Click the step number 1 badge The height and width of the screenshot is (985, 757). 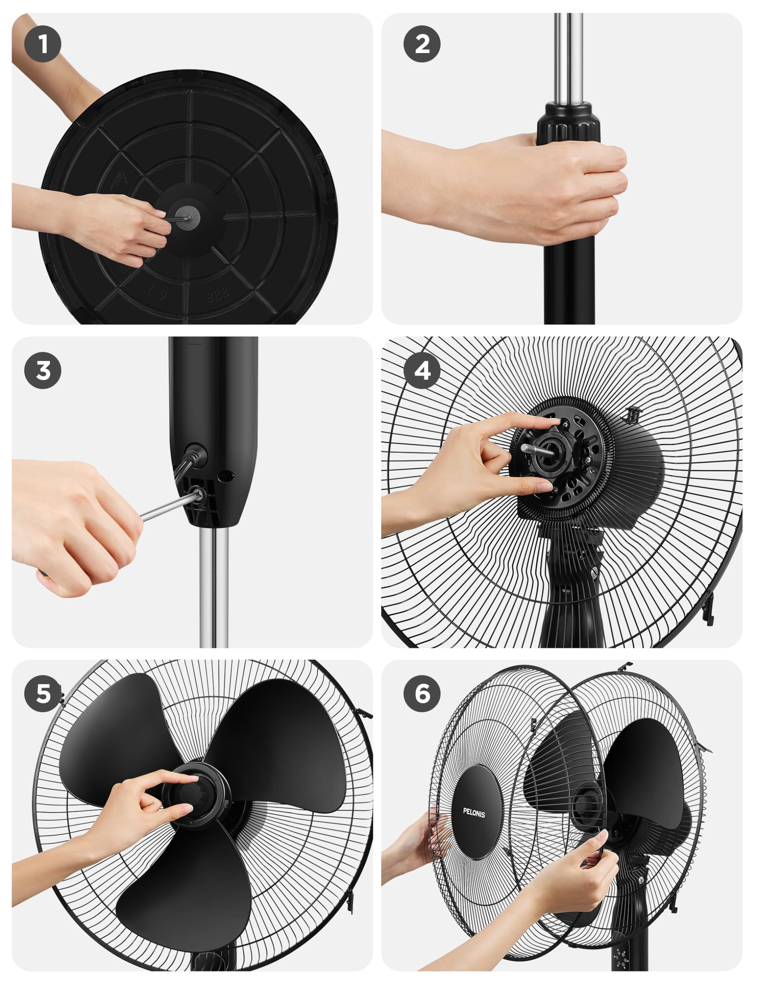tap(43, 44)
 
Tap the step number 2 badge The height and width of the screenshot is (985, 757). tap(422, 44)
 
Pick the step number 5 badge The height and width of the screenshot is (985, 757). tap(43, 694)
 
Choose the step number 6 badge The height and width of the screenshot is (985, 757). tap(422, 694)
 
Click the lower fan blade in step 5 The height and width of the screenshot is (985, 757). tap(185, 891)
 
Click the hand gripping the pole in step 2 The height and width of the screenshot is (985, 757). tap(541, 189)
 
